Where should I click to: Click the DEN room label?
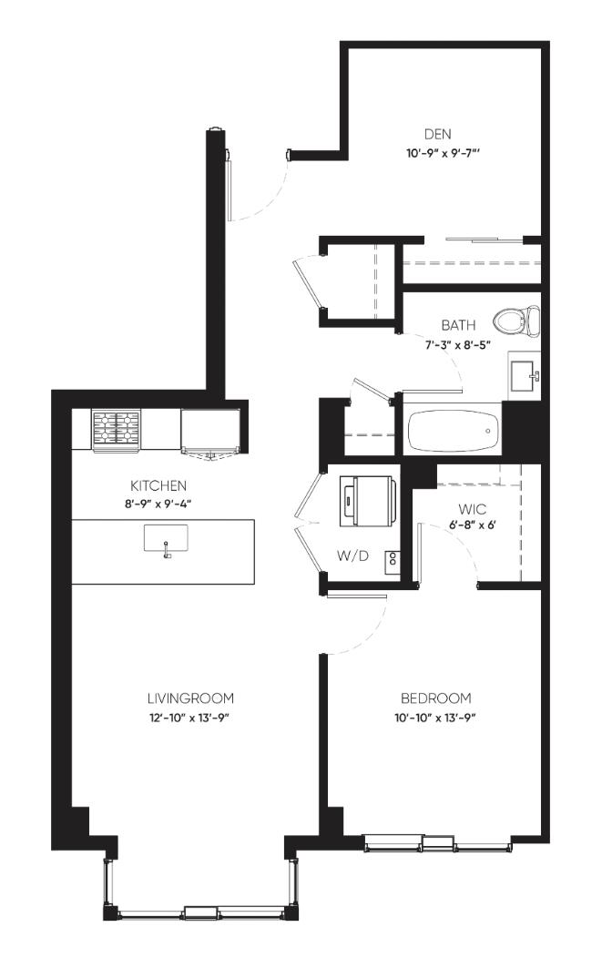click(x=437, y=135)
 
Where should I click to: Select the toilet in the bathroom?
click(x=516, y=321)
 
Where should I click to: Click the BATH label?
click(x=459, y=325)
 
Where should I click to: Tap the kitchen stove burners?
click(x=116, y=427)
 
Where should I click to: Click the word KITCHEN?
click(x=158, y=485)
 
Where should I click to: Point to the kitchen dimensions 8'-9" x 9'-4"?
click(x=158, y=504)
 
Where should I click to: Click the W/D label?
click(x=353, y=556)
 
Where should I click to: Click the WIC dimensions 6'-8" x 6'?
click(x=471, y=525)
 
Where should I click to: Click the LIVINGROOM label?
click(x=190, y=698)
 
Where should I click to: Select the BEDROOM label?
click(x=435, y=698)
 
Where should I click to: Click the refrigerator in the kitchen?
click(x=210, y=432)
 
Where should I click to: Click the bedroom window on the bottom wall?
click(x=437, y=844)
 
